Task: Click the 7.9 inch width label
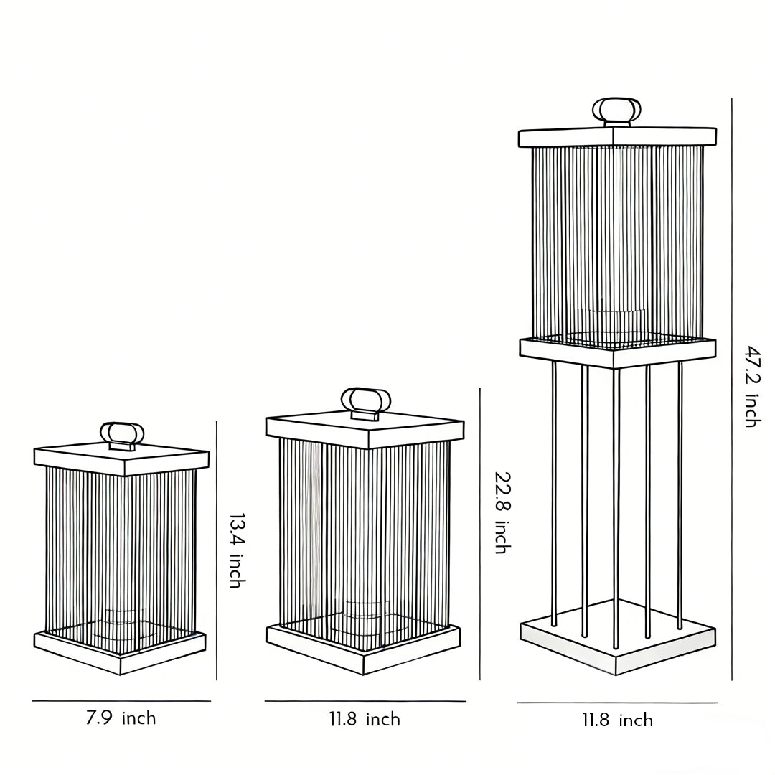121,718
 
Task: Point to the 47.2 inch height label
751,386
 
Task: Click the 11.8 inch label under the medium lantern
365,719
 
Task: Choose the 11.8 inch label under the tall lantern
617,720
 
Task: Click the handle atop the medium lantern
365,400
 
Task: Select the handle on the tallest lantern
616,111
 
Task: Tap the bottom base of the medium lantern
363,647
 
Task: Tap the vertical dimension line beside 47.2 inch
732,387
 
